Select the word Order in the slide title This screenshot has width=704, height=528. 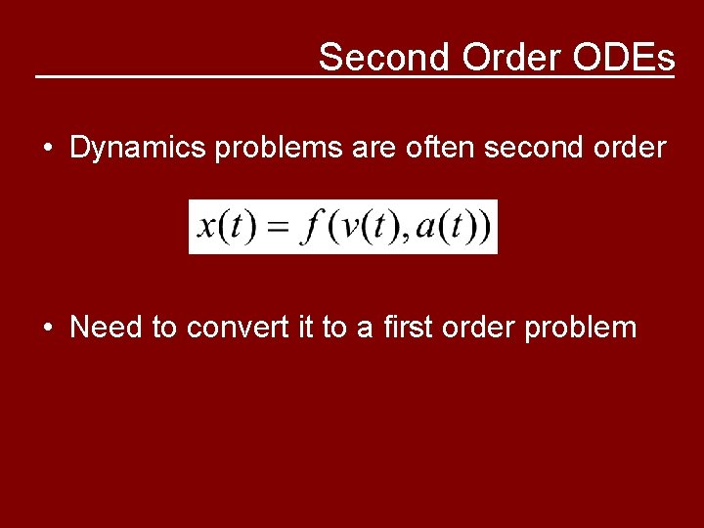[x=509, y=58]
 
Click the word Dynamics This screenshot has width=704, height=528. [x=138, y=149]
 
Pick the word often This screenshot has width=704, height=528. [x=415, y=149]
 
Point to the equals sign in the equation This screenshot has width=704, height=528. [x=278, y=230]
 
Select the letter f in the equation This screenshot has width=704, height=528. [x=312, y=227]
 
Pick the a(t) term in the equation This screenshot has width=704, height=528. [x=445, y=227]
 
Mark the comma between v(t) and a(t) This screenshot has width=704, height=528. [x=405, y=239]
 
